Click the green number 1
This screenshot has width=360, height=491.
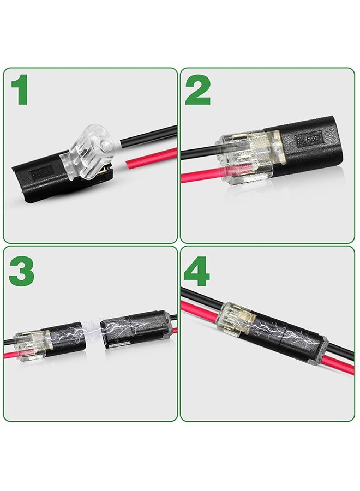(21, 90)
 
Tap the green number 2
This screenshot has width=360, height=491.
(197, 90)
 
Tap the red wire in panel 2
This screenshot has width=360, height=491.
(200, 176)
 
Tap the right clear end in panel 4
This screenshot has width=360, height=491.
(317, 349)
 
